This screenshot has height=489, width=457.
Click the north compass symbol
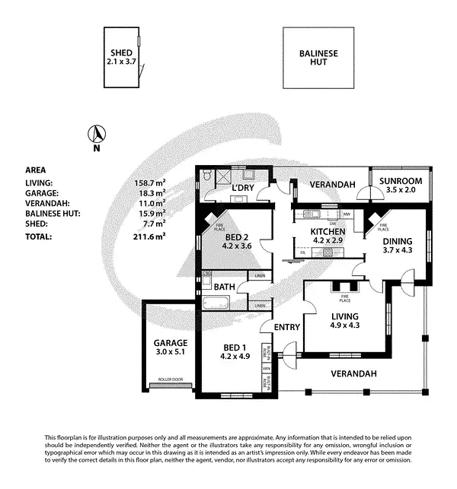click(97, 135)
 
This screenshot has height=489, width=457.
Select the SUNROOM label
click(398, 181)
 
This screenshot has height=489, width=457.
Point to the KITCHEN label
click(328, 232)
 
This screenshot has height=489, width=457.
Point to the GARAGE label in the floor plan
click(170, 343)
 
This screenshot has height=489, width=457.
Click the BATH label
click(224, 287)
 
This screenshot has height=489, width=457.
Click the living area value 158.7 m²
click(149, 183)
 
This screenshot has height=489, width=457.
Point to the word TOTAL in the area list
click(39, 237)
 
